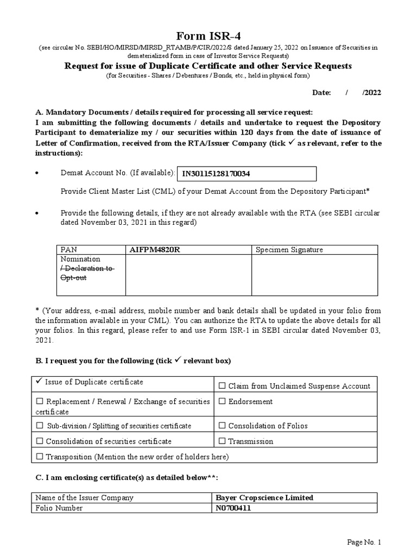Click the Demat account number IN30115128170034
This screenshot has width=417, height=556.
click(216, 174)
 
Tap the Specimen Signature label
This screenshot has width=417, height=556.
click(289, 250)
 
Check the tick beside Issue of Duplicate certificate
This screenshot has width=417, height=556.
click(39, 382)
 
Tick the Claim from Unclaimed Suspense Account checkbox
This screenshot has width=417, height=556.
click(222, 386)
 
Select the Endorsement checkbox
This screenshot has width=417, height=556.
click(222, 402)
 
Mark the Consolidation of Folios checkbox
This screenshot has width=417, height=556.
click(222, 426)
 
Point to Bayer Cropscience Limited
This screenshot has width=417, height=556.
click(264, 498)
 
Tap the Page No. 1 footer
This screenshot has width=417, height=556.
click(365, 542)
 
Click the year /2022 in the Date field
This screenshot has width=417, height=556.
click(371, 93)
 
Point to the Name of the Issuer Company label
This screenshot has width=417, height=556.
click(84, 498)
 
